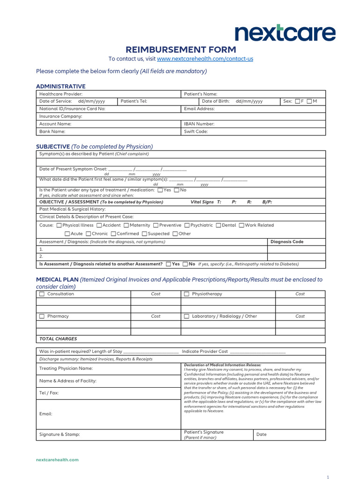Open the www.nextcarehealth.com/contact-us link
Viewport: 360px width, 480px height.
pos(205,59)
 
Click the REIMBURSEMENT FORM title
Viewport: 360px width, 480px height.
pos(180,50)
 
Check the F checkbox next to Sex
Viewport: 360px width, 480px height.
pos(298,101)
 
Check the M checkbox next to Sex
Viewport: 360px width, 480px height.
pos(309,101)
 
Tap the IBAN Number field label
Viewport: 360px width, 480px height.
pos(199,124)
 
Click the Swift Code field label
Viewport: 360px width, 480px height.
pos(196,132)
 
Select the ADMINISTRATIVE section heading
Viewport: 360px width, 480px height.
pos(61,86)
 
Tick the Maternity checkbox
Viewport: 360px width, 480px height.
pos(127,225)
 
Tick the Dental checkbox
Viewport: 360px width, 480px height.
pos(218,225)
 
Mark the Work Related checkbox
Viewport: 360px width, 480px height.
pos(241,225)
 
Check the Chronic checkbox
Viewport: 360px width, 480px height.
pos(88,234)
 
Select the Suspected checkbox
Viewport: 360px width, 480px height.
pos(144,234)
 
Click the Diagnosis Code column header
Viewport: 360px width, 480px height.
pos(287,242)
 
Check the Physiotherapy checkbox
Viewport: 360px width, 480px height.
pos(187,294)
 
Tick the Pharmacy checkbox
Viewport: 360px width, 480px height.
pos(42,316)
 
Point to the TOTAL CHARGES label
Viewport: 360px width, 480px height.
pos(58,338)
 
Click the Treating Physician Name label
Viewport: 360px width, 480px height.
pos(66,368)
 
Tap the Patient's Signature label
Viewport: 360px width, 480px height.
pos(204,432)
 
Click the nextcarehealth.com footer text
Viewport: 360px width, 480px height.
pos(57,460)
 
